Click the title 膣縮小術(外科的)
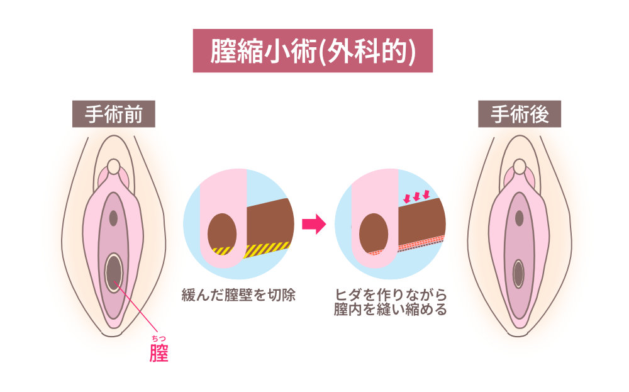pos(313,51)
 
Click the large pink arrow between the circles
pos(314,224)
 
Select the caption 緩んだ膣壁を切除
pos(238,294)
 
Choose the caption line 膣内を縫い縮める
pos(391,310)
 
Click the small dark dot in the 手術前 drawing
pos(113,218)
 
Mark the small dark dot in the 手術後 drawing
pos(519,218)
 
